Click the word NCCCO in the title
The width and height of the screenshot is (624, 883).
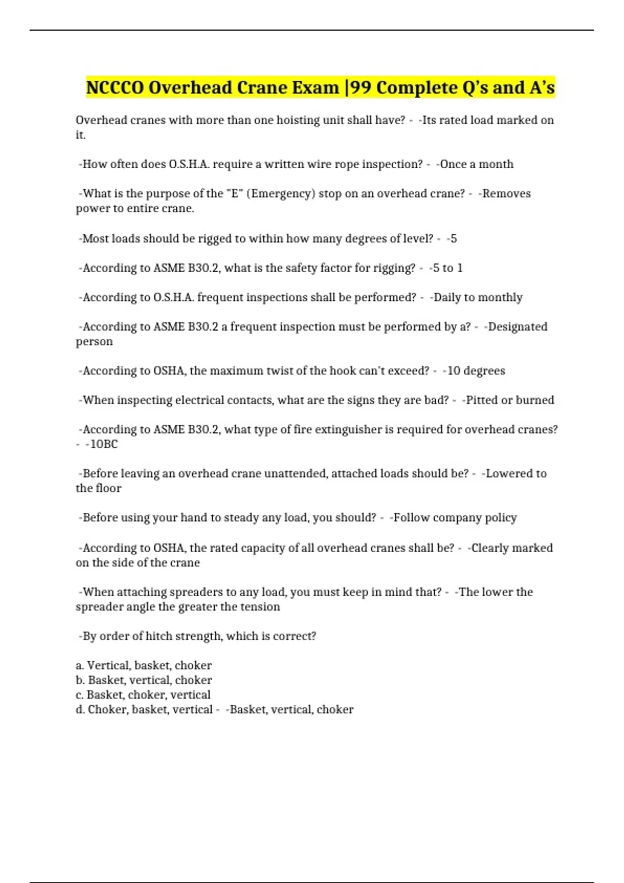tap(115, 88)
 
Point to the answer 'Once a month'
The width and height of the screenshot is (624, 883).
tap(476, 164)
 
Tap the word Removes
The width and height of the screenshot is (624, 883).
tap(506, 194)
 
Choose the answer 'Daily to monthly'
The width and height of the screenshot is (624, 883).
tap(477, 298)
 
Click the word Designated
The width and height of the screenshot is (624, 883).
tap(517, 327)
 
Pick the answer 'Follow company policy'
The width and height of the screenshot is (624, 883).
tap(454, 518)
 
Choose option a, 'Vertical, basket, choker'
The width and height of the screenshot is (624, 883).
tap(144, 665)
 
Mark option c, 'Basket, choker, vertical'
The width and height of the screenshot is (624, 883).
tap(143, 695)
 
